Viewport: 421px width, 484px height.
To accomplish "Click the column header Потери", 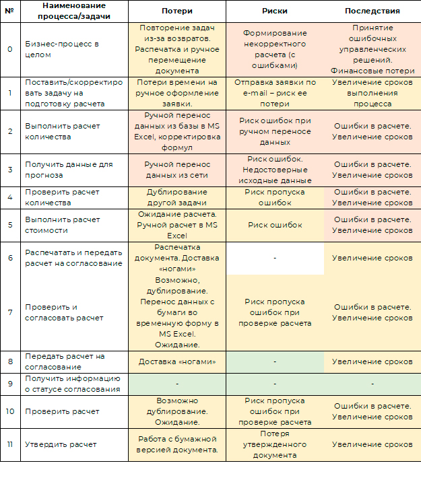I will coord(177,11).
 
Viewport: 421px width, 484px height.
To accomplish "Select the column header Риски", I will coord(274,11).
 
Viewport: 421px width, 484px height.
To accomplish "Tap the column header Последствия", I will coord(372,11).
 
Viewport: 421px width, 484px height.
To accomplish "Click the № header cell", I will coord(9,11).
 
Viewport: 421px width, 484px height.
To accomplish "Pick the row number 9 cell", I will coord(9,384).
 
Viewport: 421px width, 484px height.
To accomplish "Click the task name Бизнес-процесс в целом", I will coord(62,49).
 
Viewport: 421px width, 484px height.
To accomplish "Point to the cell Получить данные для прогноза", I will coord(69,170).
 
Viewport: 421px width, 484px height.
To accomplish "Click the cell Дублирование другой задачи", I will coord(177,197).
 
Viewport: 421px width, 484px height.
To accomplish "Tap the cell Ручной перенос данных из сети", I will coord(177,170).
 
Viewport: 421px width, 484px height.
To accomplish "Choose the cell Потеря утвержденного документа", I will coord(274,444).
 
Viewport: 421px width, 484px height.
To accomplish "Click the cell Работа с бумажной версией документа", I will coord(177,444).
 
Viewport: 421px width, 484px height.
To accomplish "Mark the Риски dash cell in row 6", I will coord(274,258).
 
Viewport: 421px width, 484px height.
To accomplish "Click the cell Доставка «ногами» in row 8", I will coord(177,361).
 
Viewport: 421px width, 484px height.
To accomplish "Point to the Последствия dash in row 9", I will coord(372,384).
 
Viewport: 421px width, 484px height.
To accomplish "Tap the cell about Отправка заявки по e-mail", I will coord(274,93).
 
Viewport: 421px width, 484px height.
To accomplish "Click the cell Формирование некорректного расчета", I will coord(274,49).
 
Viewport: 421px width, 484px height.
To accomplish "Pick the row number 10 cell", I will coord(9,411).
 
